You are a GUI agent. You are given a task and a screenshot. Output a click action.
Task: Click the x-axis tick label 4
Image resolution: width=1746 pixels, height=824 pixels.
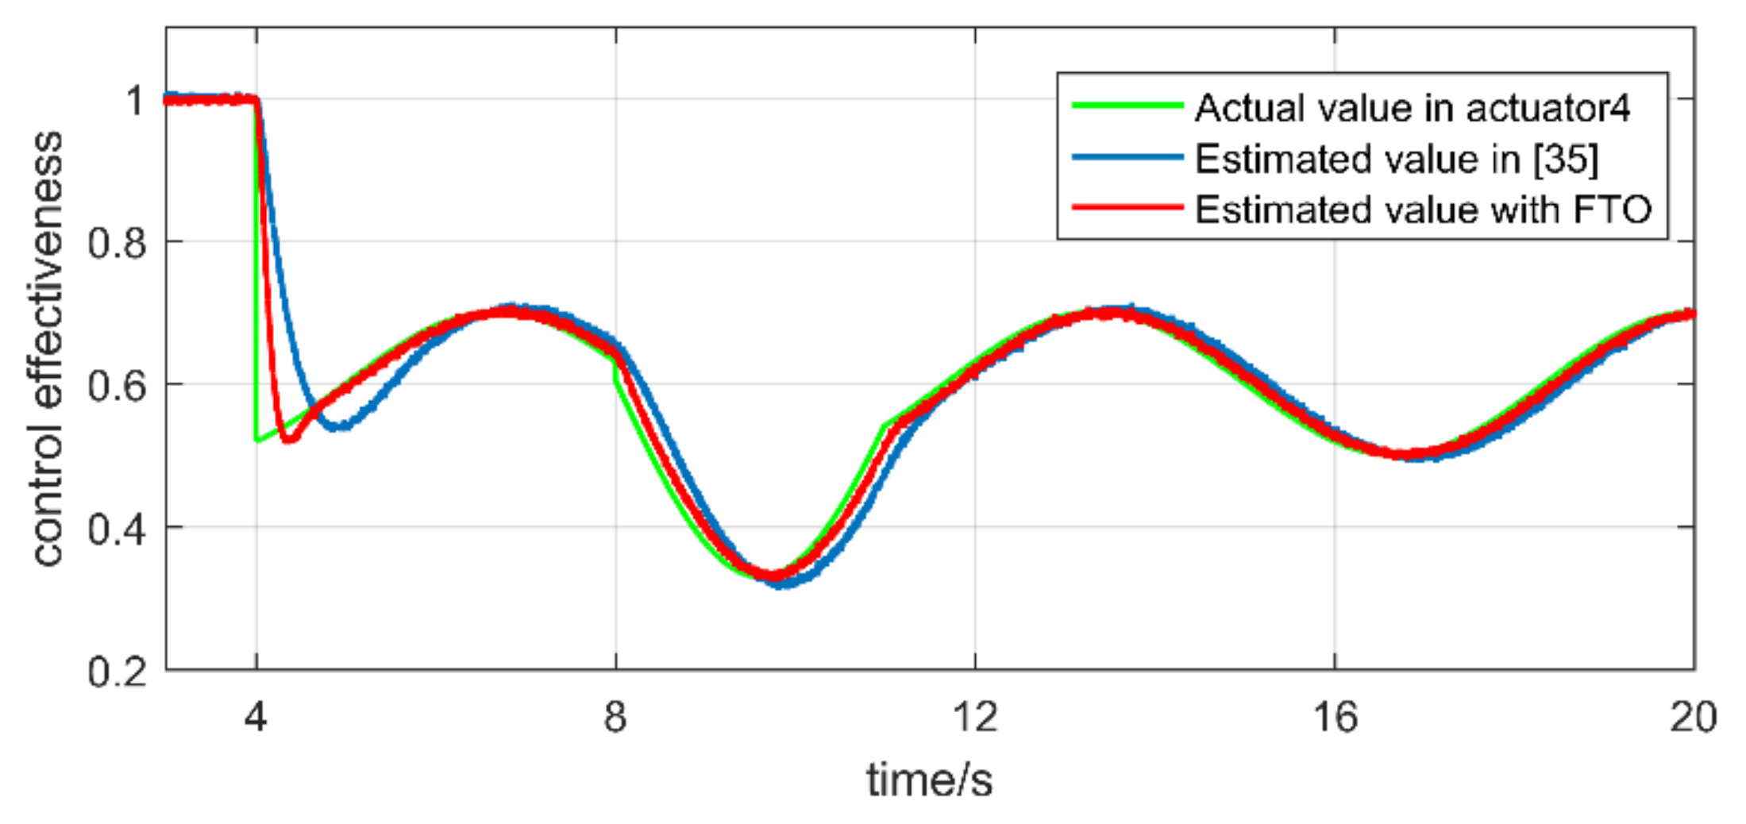[x=255, y=717]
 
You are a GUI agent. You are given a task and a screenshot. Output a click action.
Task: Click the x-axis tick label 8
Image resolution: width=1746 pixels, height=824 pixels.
[x=615, y=717]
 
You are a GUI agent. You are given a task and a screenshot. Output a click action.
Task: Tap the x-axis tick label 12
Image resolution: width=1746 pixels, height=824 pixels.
[x=974, y=717]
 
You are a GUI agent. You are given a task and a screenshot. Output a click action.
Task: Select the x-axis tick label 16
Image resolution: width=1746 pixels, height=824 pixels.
[x=1335, y=717]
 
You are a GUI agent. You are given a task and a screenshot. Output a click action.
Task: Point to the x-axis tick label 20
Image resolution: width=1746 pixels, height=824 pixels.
[x=1693, y=717]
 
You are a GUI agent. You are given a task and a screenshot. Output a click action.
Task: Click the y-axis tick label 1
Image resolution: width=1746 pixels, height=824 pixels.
[x=136, y=101]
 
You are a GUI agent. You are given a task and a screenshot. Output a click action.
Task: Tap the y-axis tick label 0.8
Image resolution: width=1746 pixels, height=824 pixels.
[x=118, y=243]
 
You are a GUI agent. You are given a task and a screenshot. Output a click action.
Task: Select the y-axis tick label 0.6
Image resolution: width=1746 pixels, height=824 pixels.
[x=118, y=386]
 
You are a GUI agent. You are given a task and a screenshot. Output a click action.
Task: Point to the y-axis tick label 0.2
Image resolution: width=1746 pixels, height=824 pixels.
[x=118, y=672]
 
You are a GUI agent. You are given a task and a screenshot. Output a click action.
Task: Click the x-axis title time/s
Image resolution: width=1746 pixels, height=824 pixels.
[x=929, y=780]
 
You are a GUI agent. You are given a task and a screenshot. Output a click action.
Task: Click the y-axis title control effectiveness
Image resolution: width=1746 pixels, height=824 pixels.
[x=48, y=349]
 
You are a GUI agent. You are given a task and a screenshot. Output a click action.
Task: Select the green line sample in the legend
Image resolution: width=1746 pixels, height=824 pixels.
[x=1127, y=106]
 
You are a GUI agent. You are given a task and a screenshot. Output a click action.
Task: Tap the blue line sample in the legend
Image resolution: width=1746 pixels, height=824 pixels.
[x=1127, y=157]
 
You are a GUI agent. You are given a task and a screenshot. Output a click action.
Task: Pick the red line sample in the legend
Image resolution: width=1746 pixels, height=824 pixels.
[x=1127, y=208]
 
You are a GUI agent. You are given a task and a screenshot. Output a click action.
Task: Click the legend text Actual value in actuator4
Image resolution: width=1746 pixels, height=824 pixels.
[x=1413, y=107]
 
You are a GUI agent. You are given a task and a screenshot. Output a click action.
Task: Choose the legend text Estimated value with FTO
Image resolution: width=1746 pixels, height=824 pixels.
[x=1423, y=210]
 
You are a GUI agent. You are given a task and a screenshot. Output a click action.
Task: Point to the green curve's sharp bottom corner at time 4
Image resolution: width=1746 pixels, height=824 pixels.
[x=256, y=439]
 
